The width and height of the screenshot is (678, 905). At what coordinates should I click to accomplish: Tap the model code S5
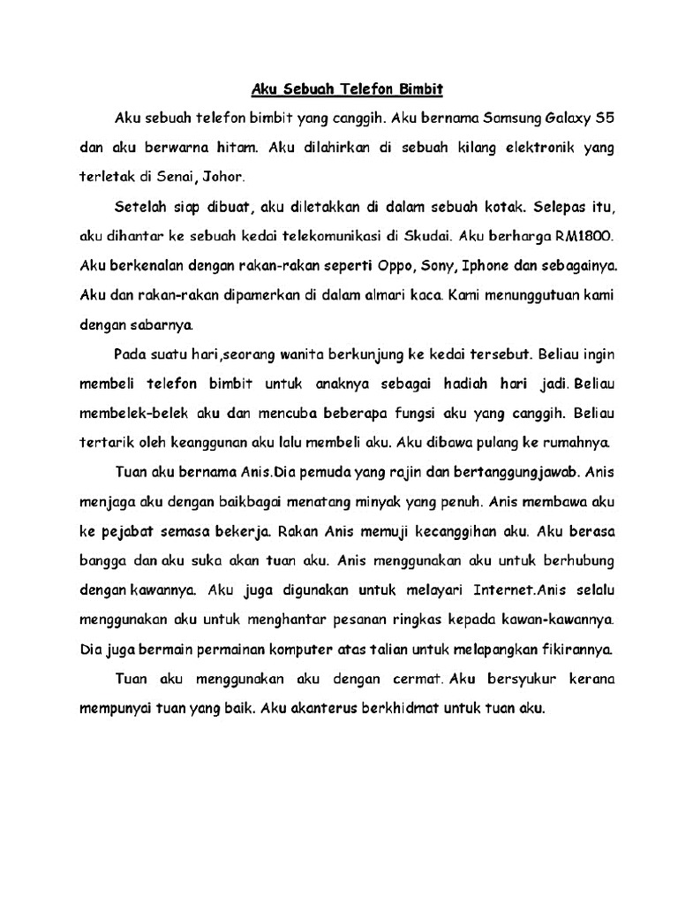[x=600, y=118]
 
